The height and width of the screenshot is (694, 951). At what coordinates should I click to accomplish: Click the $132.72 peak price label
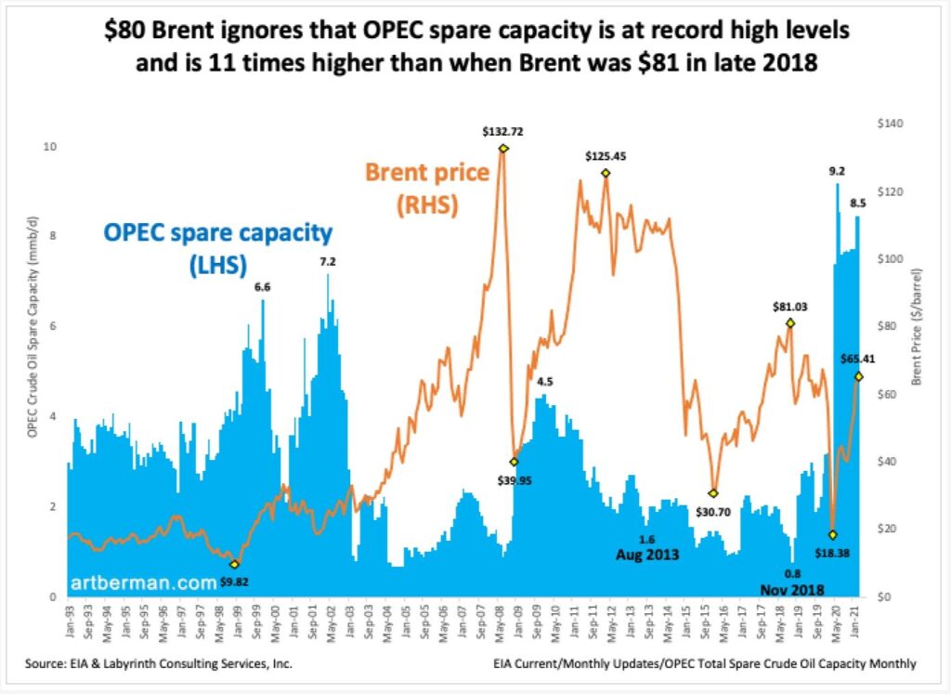click(503, 132)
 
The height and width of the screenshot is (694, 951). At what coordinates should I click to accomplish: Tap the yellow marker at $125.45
click(606, 173)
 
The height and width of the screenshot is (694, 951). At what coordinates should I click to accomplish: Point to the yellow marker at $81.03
click(789, 322)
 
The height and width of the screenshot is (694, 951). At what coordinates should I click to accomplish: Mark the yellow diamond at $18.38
click(832, 534)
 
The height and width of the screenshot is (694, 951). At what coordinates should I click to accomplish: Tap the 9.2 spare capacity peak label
click(838, 171)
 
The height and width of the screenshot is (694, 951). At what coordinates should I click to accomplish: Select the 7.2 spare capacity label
click(328, 262)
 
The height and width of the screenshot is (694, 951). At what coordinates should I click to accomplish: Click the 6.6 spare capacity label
click(263, 287)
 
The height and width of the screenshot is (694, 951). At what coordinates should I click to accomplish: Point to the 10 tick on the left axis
click(51, 147)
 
